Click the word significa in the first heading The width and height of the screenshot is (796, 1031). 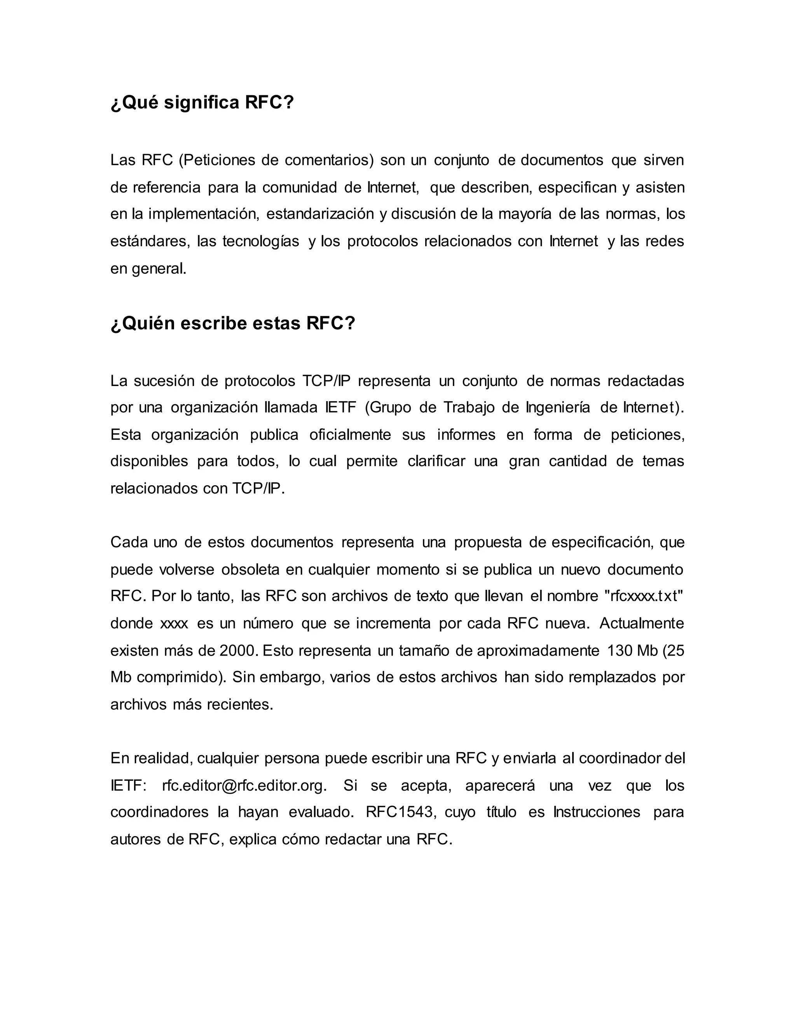[202, 102]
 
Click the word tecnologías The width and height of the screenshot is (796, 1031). [261, 242]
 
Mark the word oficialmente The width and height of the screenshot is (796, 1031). [350, 435]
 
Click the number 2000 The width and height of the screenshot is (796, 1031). [239, 651]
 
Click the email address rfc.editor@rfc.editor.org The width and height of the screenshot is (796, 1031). [244, 786]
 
